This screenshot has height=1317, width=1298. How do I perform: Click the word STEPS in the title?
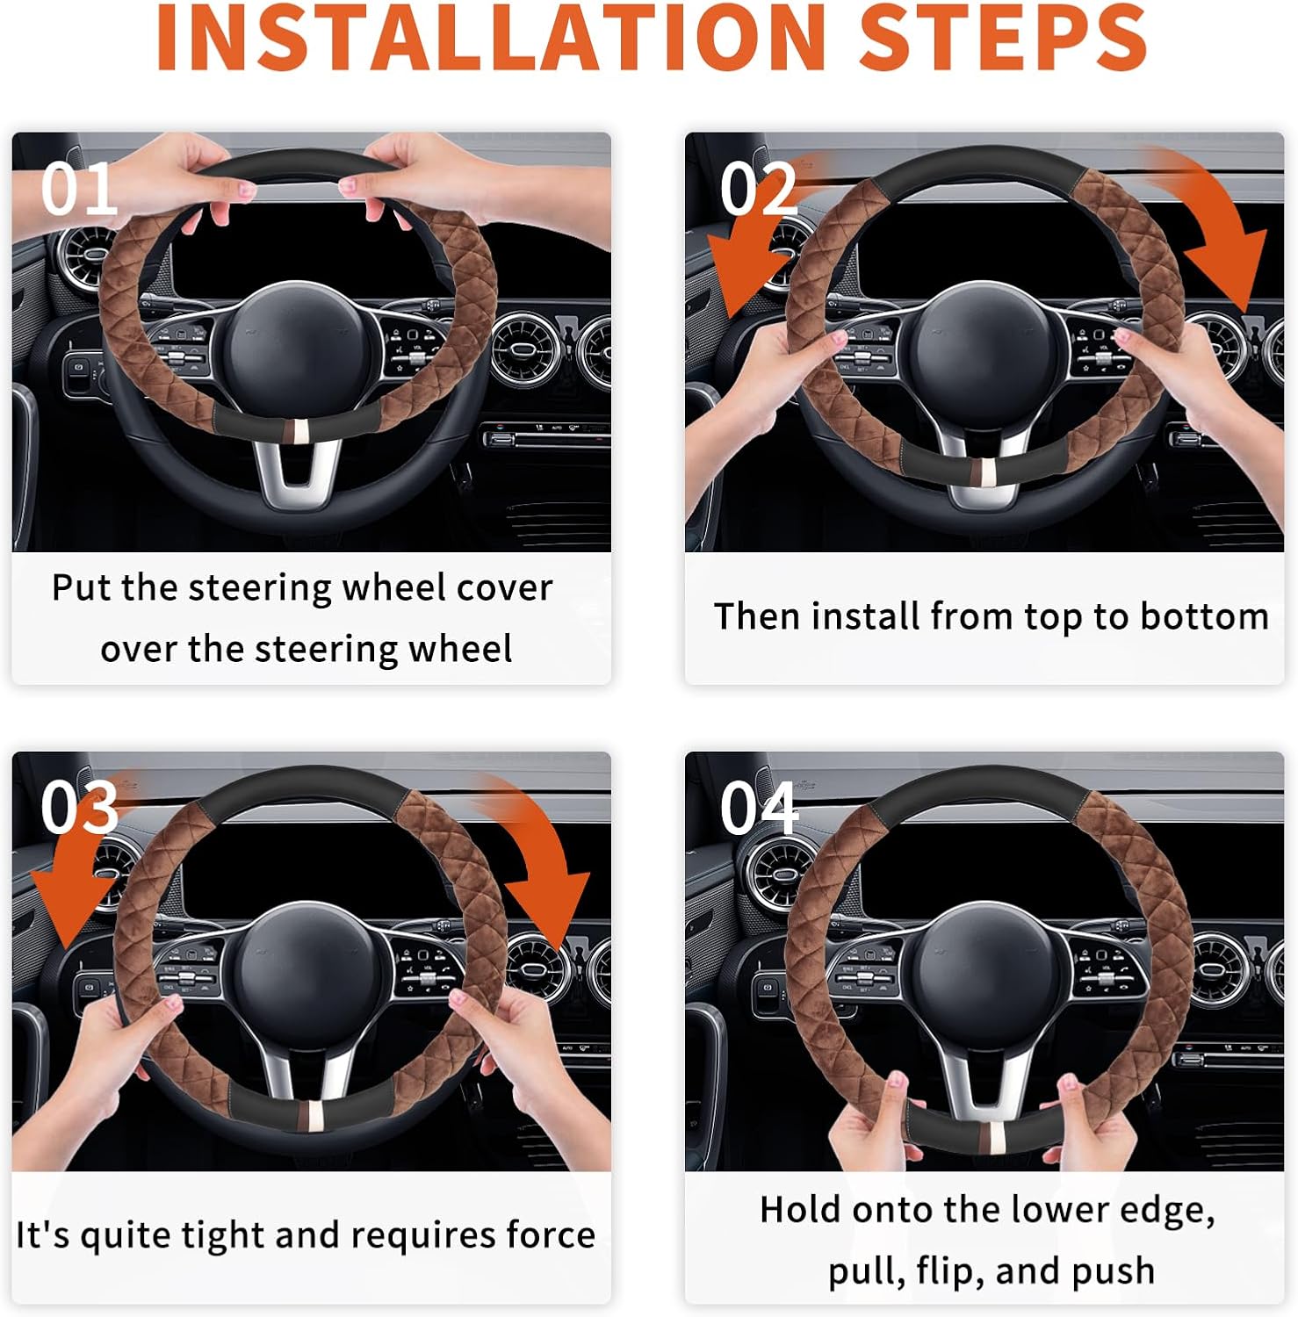click(x=1002, y=38)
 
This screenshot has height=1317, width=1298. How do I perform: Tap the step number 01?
click(x=79, y=189)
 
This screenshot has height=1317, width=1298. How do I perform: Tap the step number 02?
click(x=758, y=189)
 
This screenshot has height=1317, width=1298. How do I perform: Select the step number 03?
click(x=79, y=807)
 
